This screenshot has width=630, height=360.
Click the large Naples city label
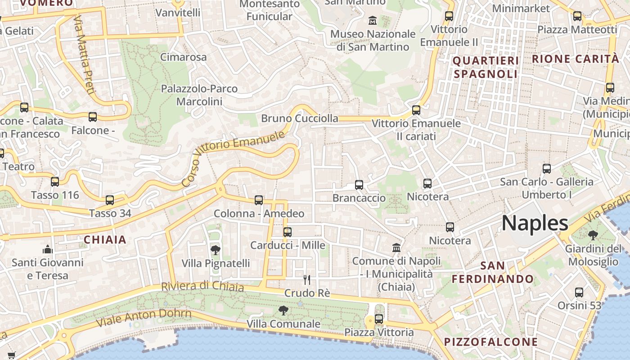point(535,223)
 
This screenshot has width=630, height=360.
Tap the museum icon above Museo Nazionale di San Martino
point(373,21)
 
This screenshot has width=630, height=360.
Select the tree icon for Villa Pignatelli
point(216,250)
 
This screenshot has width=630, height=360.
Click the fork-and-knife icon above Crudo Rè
point(307,280)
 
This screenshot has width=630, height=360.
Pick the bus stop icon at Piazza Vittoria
point(379,319)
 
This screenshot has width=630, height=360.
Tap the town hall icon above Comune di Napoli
point(396,247)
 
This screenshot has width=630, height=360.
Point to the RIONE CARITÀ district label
point(575,58)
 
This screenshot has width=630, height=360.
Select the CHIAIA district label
point(105,239)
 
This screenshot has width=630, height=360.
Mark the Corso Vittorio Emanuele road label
point(234,158)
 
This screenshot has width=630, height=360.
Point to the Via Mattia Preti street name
point(84,54)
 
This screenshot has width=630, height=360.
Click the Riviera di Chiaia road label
point(202,287)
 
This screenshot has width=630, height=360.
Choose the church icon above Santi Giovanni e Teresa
point(48,249)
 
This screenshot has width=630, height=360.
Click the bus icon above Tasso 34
point(110,200)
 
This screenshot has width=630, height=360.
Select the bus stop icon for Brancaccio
point(359,184)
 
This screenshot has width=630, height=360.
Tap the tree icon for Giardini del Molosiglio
point(593,235)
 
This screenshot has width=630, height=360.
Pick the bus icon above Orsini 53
point(579,292)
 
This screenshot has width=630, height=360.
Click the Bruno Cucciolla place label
point(300,118)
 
